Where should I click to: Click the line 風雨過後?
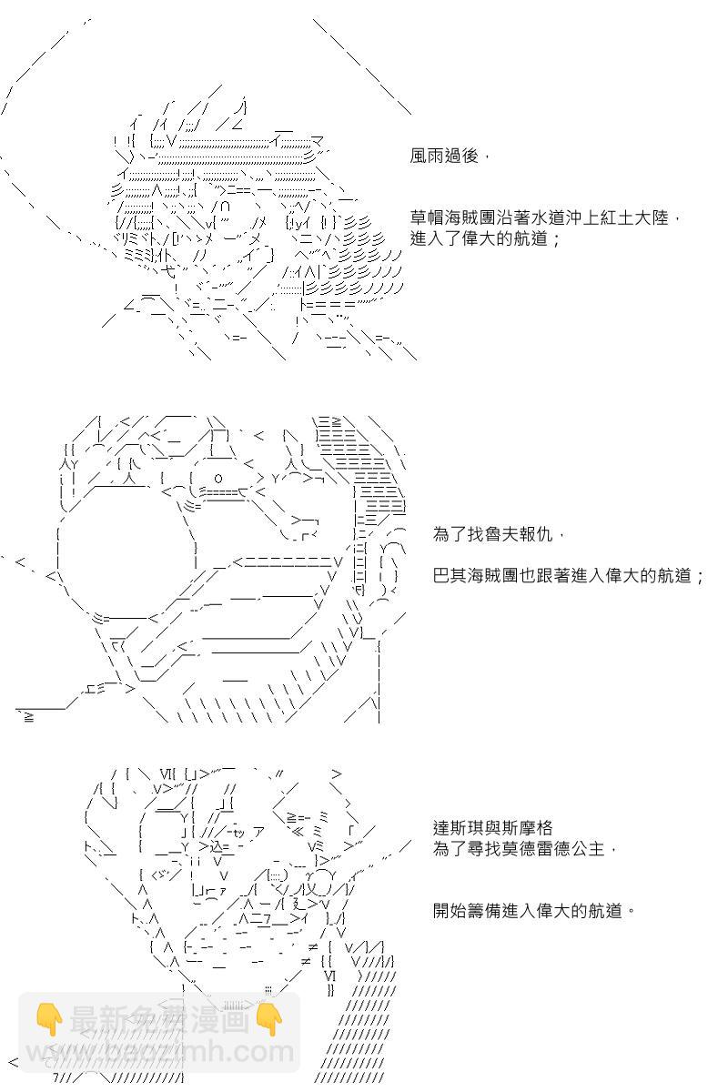click(447, 157)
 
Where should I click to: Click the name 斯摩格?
click(527, 828)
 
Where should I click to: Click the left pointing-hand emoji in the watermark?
click(48, 1020)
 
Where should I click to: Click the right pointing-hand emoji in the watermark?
click(269, 1020)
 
